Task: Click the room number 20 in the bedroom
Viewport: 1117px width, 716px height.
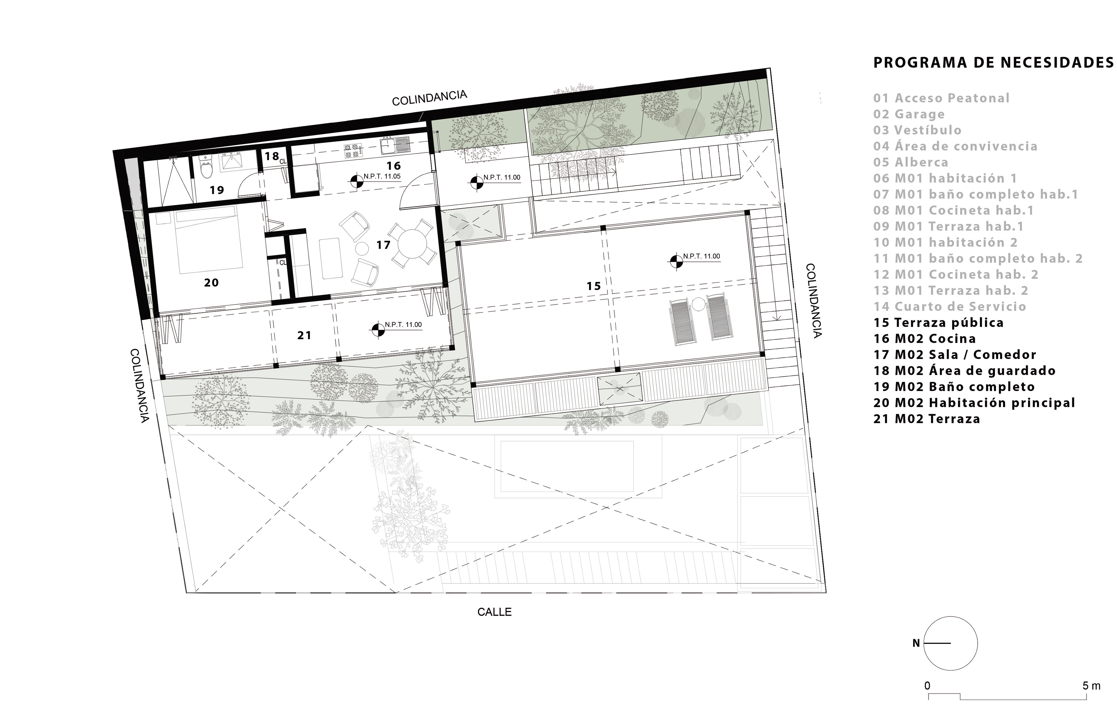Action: pyautogui.click(x=211, y=282)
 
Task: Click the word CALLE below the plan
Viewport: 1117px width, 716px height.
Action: pyautogui.click(x=494, y=612)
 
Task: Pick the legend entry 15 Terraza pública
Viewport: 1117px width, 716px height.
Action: pyautogui.click(x=938, y=323)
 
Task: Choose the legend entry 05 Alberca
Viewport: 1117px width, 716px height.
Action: pyautogui.click(x=910, y=162)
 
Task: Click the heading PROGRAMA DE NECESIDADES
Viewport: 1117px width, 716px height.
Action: pyautogui.click(x=993, y=76)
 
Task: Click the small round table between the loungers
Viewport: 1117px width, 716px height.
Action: pyautogui.click(x=698, y=305)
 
